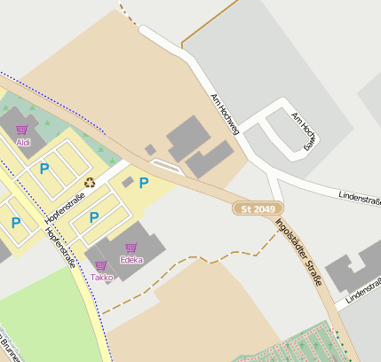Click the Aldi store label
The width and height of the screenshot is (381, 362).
tap(24, 142)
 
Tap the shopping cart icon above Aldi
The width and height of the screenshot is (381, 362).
tap(22, 130)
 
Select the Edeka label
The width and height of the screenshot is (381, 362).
tap(132, 260)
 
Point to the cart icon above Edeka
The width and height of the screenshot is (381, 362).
tap(131, 248)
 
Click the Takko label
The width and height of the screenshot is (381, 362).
tap(101, 277)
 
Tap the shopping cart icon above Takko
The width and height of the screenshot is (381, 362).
tap(100, 265)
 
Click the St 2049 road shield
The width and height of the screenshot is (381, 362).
tap(252, 209)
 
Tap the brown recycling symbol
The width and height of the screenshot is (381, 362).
tap(89, 183)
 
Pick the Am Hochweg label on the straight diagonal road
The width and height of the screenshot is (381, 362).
tap(225, 114)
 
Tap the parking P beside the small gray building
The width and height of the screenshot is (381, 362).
tap(143, 184)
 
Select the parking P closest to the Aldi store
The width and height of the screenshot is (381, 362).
tap(44, 168)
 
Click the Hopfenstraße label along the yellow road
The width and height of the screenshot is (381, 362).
tap(60, 247)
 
